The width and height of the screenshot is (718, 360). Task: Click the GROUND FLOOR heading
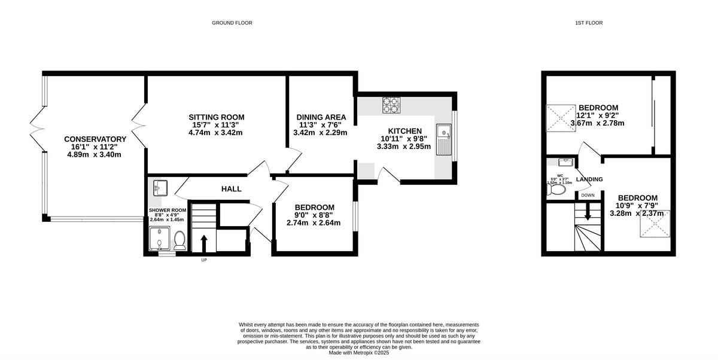[x=232, y=23]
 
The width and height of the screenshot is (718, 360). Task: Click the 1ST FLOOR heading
[x=589, y=23]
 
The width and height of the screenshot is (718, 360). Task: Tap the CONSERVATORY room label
[x=95, y=139]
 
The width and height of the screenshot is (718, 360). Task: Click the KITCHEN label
[x=404, y=131]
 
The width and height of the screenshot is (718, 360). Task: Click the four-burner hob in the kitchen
[x=391, y=105]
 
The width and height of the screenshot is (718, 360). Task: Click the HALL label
[x=232, y=189]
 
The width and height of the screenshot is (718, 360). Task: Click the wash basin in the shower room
[x=160, y=188]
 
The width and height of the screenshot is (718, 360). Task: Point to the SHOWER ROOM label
[x=168, y=210]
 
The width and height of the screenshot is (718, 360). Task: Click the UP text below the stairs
[x=203, y=260]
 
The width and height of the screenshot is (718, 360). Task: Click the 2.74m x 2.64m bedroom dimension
[x=313, y=223]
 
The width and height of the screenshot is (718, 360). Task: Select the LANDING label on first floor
[x=589, y=179]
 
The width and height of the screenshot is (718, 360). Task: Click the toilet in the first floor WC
[x=557, y=190]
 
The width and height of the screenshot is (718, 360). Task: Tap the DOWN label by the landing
[x=588, y=195]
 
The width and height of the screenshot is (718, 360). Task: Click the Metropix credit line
[x=359, y=353]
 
